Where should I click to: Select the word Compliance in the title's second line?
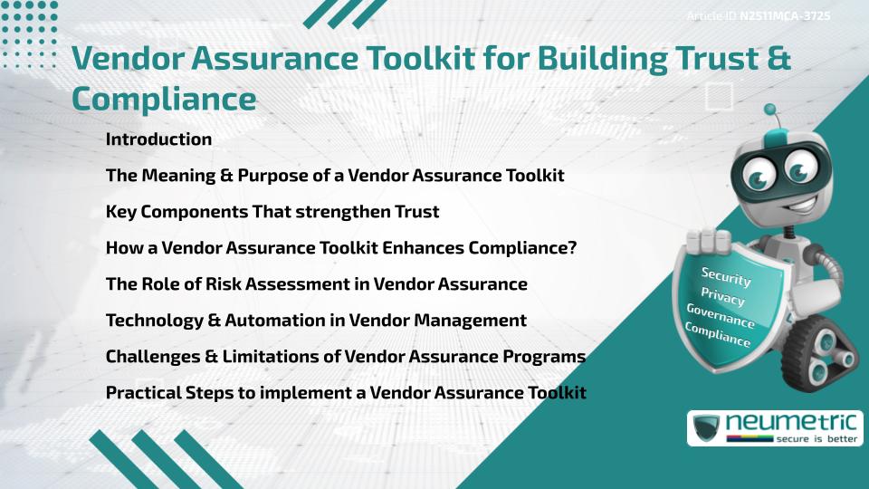click(x=164, y=98)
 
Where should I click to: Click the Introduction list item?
click(x=158, y=139)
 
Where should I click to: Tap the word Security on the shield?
click(x=726, y=277)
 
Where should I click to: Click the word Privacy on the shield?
click(x=722, y=298)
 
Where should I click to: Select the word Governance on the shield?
click(x=720, y=317)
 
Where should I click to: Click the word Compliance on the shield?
click(x=718, y=336)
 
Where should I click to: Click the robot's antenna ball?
click(x=770, y=110)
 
